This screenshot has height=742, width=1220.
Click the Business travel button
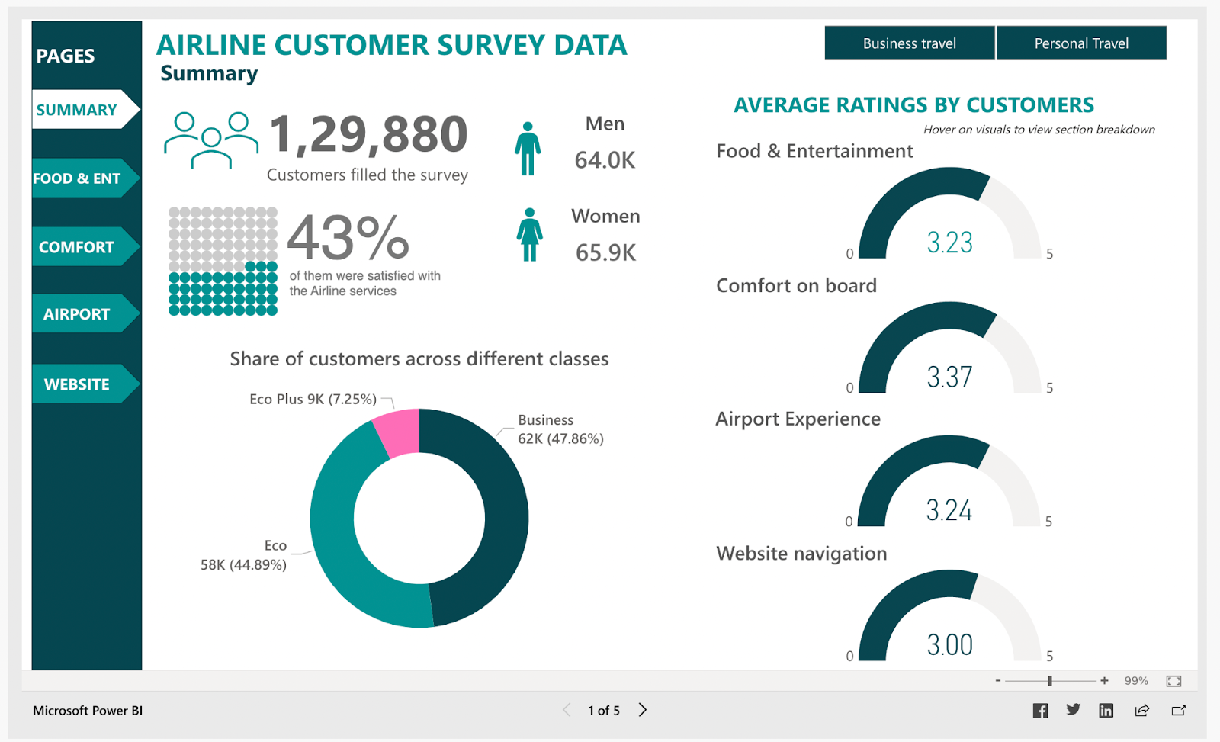[x=909, y=43]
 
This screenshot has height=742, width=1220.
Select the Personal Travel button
[x=1080, y=43]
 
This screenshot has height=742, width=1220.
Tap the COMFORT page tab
[x=78, y=247]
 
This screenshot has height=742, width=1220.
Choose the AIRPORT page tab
[x=78, y=314]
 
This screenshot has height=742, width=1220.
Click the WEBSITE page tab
[x=78, y=384]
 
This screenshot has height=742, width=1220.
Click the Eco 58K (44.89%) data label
[x=244, y=556]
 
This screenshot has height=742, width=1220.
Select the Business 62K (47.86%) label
[x=560, y=429]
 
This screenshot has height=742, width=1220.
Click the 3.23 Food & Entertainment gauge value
[x=949, y=243]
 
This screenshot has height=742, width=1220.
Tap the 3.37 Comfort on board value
[x=949, y=377]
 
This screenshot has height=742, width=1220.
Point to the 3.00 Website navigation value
[x=949, y=645]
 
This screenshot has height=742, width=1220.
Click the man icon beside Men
[x=527, y=149]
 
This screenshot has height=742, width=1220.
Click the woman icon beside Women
[x=529, y=235]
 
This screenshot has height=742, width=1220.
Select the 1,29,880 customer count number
[x=368, y=134]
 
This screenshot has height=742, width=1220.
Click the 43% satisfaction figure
[x=348, y=237]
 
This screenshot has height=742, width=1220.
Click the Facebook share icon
[x=1040, y=711]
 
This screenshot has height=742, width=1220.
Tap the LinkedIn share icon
[x=1106, y=711]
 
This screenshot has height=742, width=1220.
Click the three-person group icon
[x=211, y=140]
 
